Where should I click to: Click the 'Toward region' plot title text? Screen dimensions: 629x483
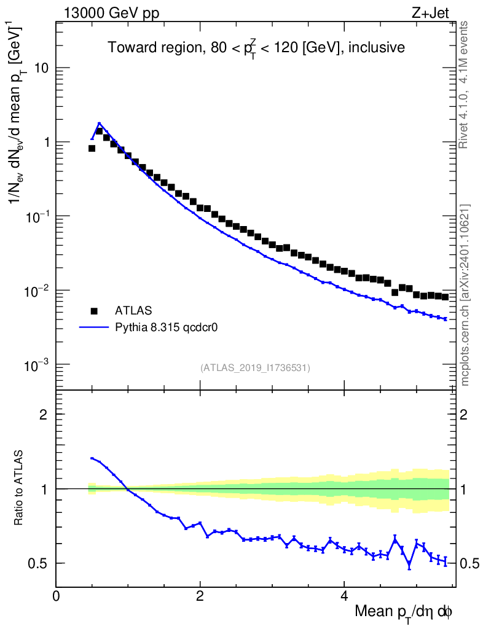tap(256, 48)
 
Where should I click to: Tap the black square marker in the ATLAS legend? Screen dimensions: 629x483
tap(94, 311)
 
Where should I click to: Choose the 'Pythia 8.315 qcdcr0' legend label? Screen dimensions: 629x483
tap(167, 327)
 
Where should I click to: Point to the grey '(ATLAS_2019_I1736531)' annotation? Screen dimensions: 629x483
tap(255, 368)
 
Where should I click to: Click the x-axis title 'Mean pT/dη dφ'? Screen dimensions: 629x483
tap(404, 612)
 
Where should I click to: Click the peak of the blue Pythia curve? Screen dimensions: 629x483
tap(99, 123)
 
